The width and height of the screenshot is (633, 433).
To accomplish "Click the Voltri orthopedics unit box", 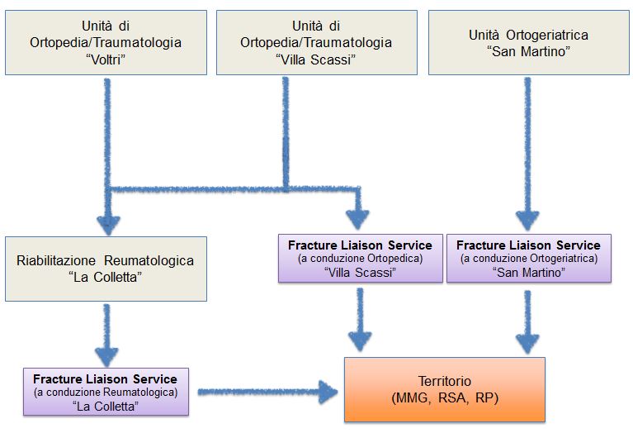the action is (x=106, y=42).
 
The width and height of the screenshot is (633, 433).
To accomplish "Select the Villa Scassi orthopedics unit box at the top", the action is (x=317, y=42).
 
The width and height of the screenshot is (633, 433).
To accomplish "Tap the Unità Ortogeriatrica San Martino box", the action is (x=529, y=42).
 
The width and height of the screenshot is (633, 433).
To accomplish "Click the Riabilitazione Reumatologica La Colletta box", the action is (x=106, y=269).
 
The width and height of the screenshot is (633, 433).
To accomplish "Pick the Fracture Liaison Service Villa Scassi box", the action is (x=361, y=259).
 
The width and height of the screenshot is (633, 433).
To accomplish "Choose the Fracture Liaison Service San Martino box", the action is (x=529, y=259).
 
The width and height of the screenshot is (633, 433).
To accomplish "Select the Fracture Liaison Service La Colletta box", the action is (x=106, y=392).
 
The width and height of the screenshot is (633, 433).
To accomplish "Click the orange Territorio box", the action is (x=445, y=390).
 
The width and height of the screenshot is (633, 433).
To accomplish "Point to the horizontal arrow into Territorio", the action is (x=267, y=392).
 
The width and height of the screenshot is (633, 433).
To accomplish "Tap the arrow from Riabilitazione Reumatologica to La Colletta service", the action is (x=106, y=335).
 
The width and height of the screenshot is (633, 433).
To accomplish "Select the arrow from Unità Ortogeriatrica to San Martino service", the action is (x=527, y=154).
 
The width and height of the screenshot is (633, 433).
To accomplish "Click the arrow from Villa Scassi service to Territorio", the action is (x=360, y=320).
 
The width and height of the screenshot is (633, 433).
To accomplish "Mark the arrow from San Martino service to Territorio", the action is (x=527, y=322).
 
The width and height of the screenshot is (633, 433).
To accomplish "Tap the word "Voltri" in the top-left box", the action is (x=106, y=59).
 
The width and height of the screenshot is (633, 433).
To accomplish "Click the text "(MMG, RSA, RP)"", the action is (x=445, y=397).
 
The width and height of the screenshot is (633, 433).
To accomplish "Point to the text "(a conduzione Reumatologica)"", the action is (x=106, y=393).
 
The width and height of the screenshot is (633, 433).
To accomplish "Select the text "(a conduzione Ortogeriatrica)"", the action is (x=529, y=259).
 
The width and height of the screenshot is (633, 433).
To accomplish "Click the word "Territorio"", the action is (x=445, y=381).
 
